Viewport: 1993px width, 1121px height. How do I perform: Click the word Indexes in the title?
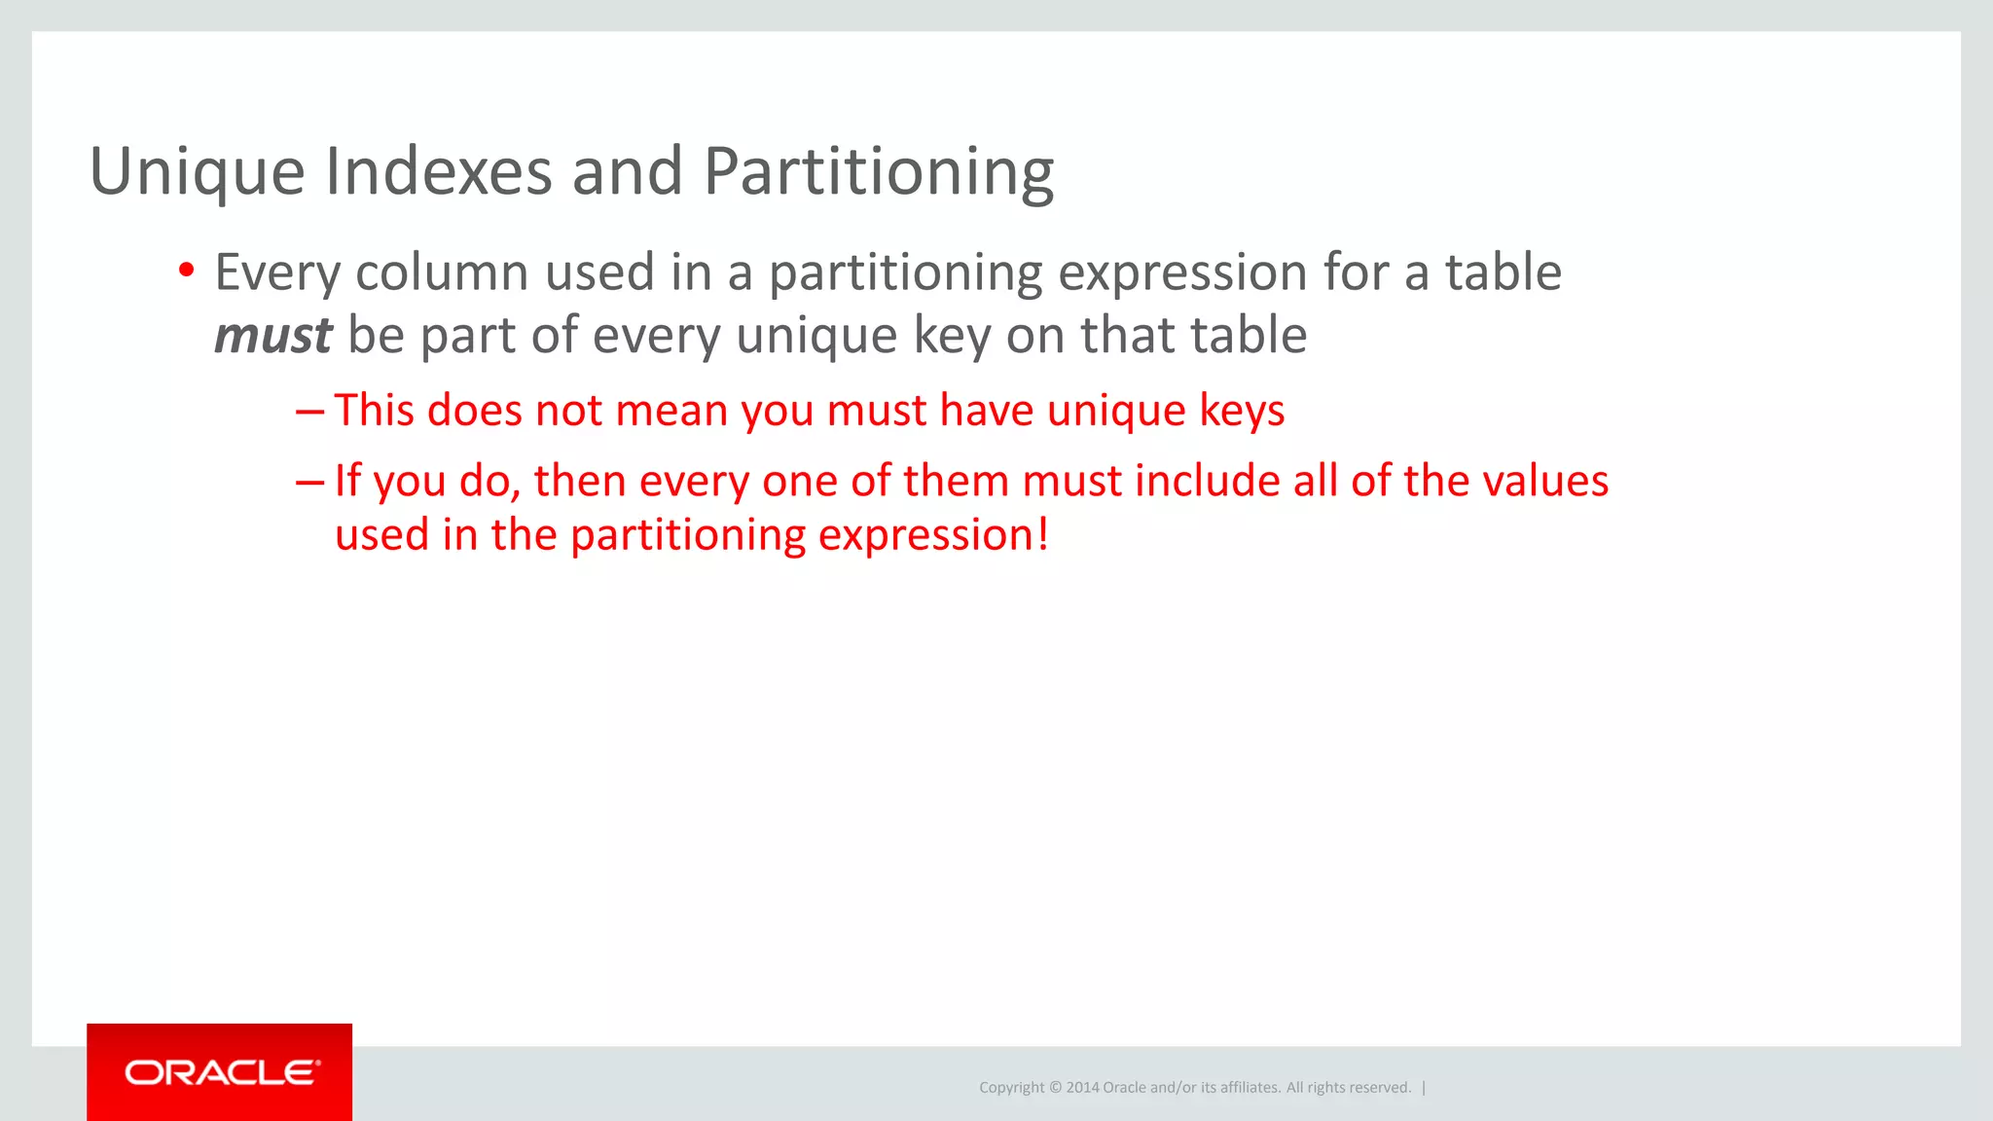click(x=438, y=171)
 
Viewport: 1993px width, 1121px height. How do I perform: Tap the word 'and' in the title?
click(x=627, y=171)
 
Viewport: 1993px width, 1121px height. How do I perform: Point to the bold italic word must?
click(x=272, y=335)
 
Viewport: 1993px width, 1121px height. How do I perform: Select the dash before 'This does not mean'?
click(x=308, y=411)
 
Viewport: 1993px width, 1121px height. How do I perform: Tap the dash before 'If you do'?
click(x=308, y=481)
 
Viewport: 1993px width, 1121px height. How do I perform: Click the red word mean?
click(x=671, y=411)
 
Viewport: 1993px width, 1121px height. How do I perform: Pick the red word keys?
click(x=1242, y=411)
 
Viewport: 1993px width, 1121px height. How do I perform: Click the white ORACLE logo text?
click(x=221, y=1072)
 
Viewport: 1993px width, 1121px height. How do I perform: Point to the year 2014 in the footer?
click(x=1082, y=1088)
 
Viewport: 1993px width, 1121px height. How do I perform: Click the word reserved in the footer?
click(x=1379, y=1088)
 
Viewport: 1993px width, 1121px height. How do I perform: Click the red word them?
click(x=956, y=481)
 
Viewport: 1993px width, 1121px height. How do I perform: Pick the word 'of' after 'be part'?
click(x=555, y=335)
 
